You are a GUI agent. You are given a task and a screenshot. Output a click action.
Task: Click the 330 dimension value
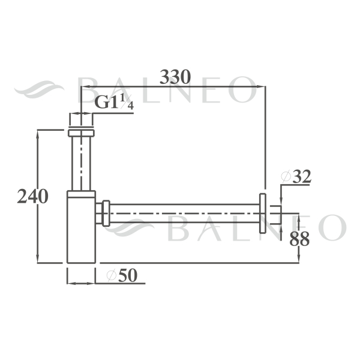point(175,77)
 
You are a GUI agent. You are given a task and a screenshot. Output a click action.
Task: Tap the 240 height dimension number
point(32,196)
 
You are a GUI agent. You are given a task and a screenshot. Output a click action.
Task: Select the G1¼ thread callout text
point(114,102)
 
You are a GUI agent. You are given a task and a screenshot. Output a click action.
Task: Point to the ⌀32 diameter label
point(296,176)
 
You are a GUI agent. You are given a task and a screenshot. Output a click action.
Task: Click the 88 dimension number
point(299,239)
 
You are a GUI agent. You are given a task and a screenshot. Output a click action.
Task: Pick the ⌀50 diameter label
point(122,275)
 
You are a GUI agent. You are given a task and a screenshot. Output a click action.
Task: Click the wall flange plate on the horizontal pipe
point(263,213)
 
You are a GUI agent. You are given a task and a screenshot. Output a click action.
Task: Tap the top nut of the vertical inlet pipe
point(81,133)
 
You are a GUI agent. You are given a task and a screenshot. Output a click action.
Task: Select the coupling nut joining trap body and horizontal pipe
point(106,213)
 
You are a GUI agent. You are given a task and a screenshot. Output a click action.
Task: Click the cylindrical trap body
point(81,227)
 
